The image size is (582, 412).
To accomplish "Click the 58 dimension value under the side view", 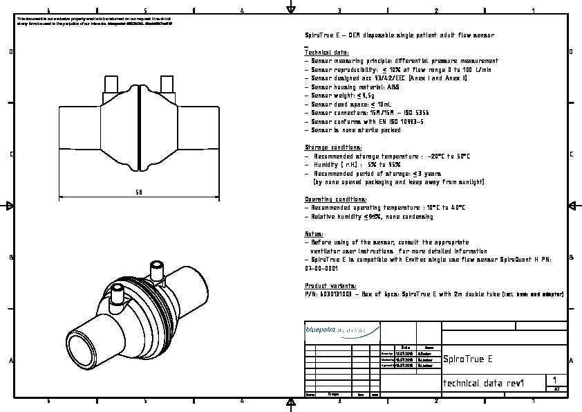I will pos(139,192).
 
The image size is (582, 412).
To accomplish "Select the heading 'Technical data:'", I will pos(327,53).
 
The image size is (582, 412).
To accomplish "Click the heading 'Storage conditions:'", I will pos(333,147).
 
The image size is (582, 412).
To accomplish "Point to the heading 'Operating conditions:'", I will pos(336,199).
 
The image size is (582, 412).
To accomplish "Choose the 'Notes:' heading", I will pos(315,234).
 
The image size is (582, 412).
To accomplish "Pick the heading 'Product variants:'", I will pos(331,286).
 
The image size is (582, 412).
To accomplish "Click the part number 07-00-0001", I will pos(321,268).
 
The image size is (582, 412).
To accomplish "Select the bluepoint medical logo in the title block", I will pos(342,331).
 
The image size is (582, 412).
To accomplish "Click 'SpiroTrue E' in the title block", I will pos(468,359).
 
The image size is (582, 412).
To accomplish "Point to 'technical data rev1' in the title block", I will pos(484,384).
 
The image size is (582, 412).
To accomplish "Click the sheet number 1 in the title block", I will pos(556,380).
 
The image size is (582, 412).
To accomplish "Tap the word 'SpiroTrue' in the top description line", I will pos(320,35).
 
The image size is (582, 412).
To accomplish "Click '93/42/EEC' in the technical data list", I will pos(390,78).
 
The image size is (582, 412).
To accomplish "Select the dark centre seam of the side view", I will pos(138,129).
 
